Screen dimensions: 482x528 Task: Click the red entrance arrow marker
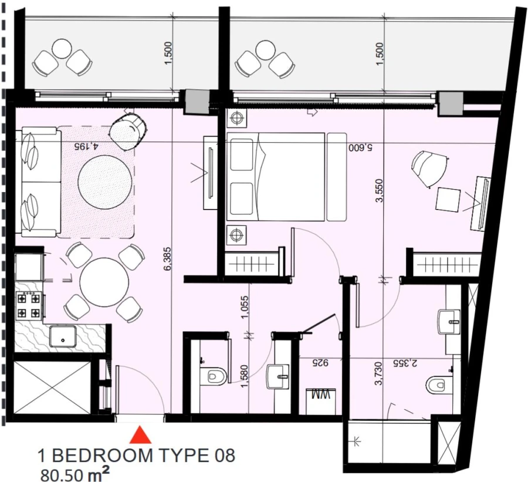[140, 436]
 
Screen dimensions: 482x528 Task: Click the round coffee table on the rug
[104, 181]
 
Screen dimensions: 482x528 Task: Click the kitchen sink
[62, 336]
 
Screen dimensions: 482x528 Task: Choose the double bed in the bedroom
[275, 177]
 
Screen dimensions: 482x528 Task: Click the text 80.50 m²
[73, 473]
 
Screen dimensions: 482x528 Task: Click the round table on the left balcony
[62, 48]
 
